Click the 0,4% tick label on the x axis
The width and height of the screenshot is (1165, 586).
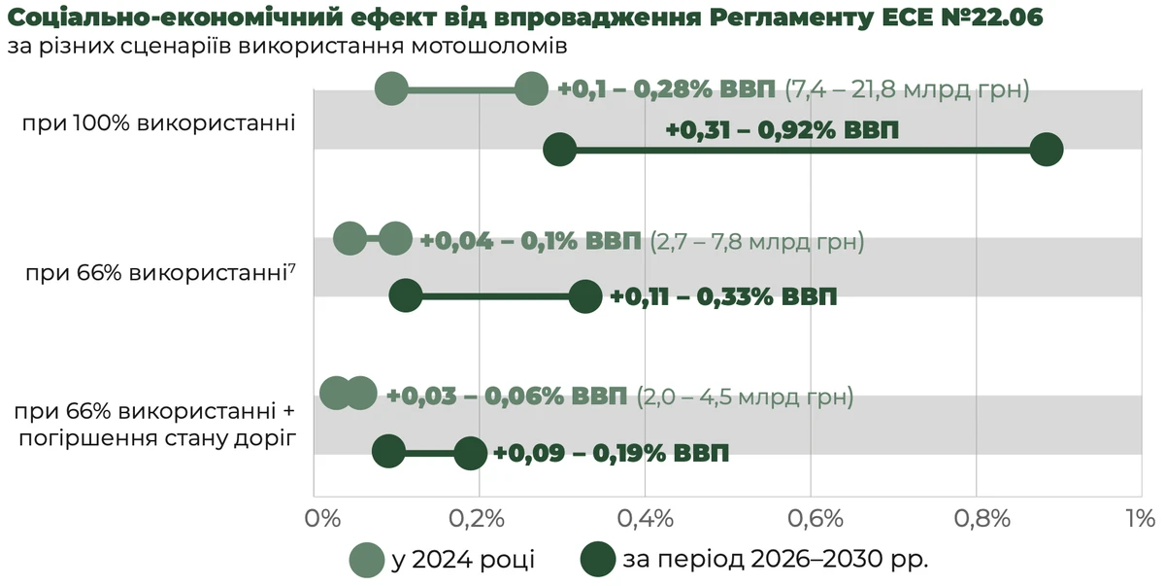(646, 518)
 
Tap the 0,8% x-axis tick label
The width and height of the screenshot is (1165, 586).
(977, 518)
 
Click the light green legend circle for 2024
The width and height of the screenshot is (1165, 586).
(368, 561)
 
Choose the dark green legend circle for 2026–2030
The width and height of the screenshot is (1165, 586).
(597, 561)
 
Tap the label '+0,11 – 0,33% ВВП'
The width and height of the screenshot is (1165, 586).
(723, 297)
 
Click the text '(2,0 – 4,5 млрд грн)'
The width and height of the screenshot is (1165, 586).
(745, 396)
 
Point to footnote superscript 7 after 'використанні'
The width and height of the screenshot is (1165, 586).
(291, 267)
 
